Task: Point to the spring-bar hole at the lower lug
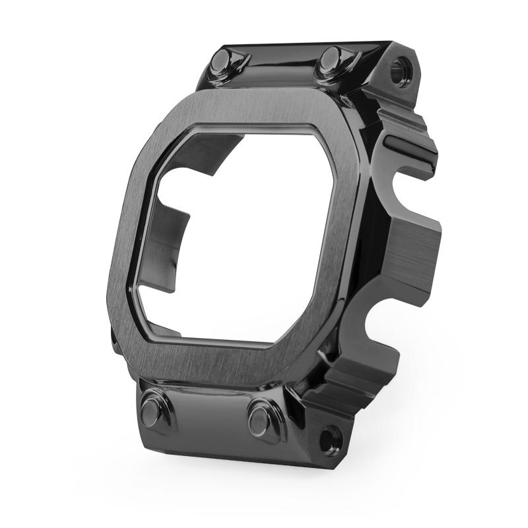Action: click(x=331, y=438)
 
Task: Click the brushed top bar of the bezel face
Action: click(x=264, y=109)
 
